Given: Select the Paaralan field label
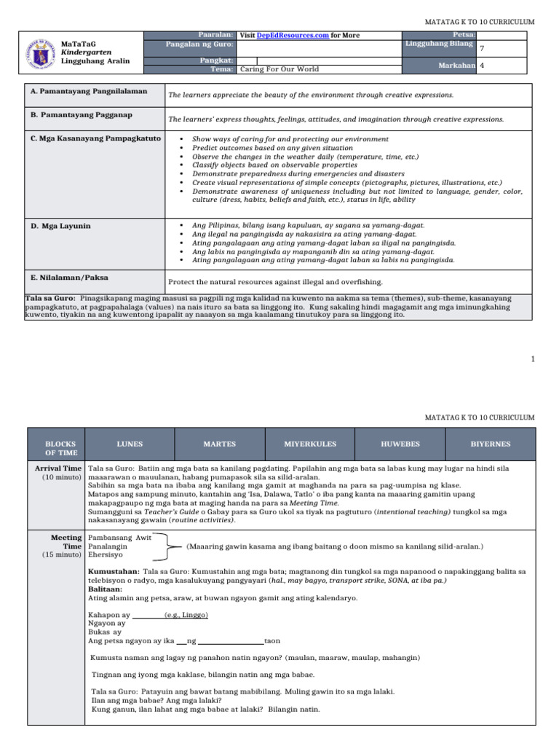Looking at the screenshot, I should (215, 35).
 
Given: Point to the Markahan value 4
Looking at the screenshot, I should (482, 66).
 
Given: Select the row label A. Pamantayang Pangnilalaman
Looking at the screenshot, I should (89, 91).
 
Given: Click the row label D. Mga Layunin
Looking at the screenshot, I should (60, 227).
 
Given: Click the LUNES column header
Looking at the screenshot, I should (130, 444).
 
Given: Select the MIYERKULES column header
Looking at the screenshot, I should (310, 444).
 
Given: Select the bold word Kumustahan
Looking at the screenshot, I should (113, 572).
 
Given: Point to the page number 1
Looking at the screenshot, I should (533, 359).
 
